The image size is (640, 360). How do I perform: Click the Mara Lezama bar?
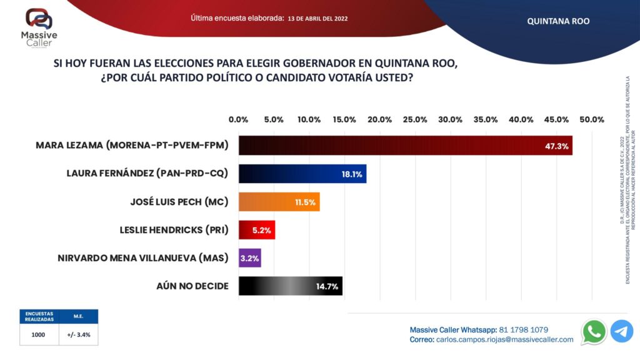[405, 146]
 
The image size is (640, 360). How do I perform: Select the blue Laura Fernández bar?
[302, 174]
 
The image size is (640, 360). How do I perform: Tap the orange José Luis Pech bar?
[279, 202]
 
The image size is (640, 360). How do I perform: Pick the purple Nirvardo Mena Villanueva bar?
[249, 257]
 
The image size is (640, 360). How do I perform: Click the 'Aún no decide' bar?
[290, 286]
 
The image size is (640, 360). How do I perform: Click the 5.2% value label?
[261, 230]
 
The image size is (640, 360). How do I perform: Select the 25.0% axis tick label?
[416, 119]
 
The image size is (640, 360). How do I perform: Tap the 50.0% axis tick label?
[592, 119]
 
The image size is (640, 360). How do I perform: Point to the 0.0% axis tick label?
[239, 119]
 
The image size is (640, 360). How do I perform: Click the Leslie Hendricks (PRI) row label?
[174, 230]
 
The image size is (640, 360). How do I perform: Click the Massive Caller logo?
[39, 27]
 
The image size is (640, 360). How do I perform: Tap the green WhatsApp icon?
[593, 331]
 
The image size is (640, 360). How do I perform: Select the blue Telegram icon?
[621, 331]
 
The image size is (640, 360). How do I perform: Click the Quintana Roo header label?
[558, 21]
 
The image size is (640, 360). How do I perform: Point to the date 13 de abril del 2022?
[318, 19]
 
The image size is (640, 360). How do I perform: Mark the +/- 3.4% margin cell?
[79, 334]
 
